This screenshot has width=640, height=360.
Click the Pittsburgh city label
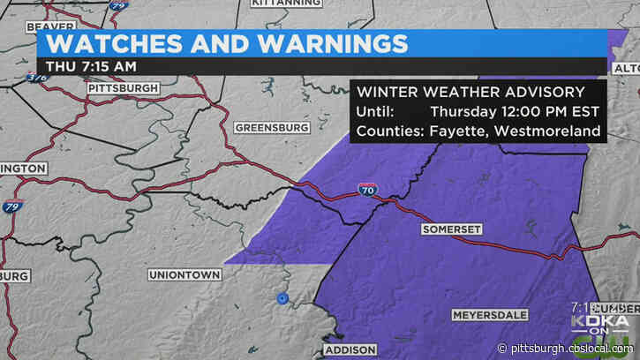(x=123, y=88)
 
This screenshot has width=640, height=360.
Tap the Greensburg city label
(x=272, y=128)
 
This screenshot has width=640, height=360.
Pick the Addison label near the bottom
(x=350, y=349)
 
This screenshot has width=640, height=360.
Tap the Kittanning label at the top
(x=286, y=4)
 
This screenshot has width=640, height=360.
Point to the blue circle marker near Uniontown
(x=282, y=299)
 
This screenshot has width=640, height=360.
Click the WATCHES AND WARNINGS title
(x=227, y=43)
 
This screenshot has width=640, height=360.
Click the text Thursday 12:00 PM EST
(x=515, y=112)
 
